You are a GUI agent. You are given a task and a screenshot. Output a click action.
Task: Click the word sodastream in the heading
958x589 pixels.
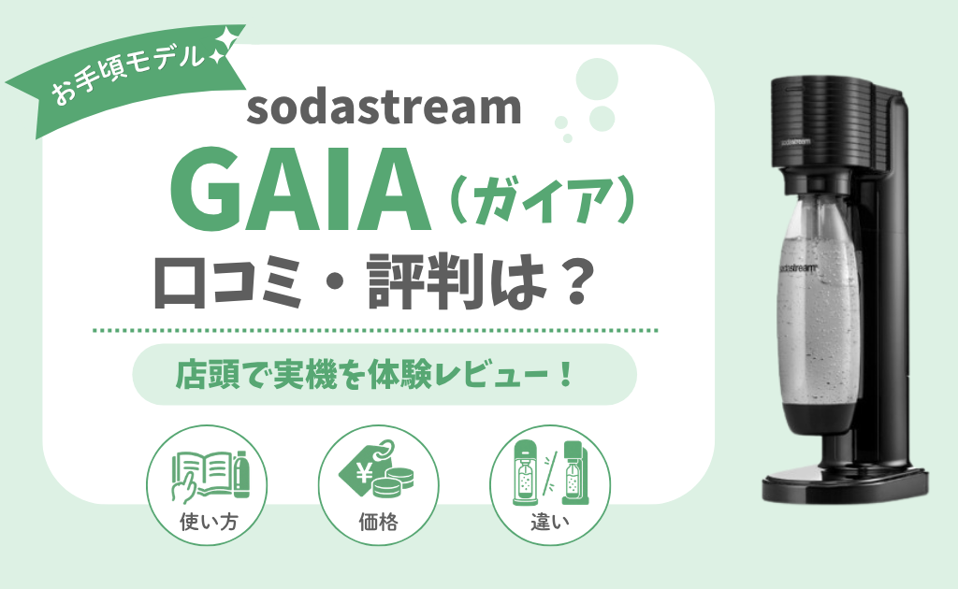point(384,108)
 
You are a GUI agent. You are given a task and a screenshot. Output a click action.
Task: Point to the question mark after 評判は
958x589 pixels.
point(573,282)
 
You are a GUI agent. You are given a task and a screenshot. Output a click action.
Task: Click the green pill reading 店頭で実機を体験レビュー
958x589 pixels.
point(385,374)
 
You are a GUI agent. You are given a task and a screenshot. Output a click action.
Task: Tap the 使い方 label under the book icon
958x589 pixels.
point(209,523)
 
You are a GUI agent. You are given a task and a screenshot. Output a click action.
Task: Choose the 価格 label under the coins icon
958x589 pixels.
point(378,523)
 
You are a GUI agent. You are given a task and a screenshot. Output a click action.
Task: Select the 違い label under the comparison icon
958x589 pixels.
point(550,523)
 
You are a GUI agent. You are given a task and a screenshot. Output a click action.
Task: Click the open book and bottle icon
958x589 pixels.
point(211,474)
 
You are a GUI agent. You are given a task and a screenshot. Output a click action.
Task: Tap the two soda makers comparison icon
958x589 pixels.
point(550,472)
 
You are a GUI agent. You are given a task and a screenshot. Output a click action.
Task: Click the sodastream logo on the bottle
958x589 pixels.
point(798,266)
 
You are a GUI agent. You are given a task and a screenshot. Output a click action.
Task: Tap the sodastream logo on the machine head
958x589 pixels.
point(796,141)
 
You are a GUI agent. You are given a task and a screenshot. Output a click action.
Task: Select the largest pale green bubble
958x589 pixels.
point(597,79)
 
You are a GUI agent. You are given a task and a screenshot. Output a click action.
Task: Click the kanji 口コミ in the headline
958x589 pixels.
point(227,282)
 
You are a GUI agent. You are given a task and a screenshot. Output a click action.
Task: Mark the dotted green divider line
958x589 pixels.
point(376,330)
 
